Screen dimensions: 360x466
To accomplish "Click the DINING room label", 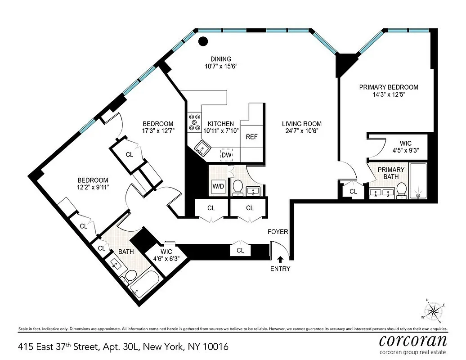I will (x=220, y=59).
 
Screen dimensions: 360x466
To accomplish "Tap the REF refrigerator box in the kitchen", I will (x=251, y=137).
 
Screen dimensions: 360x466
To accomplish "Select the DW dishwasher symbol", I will (x=227, y=155).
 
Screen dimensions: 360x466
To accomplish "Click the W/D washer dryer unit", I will (x=218, y=186).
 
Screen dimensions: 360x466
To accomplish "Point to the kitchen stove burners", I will (x=195, y=123).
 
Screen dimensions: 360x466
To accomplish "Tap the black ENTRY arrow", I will (x=280, y=259).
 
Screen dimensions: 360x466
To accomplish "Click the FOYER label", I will (x=278, y=232).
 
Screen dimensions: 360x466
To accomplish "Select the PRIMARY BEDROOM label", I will (x=388, y=87).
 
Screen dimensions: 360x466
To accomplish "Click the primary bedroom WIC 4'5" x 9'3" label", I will (x=396, y=147).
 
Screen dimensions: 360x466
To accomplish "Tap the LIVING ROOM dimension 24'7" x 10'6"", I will (x=301, y=131).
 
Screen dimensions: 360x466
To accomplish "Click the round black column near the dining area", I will (x=203, y=41).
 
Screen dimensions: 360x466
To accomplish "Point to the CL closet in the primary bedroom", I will (x=354, y=191).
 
